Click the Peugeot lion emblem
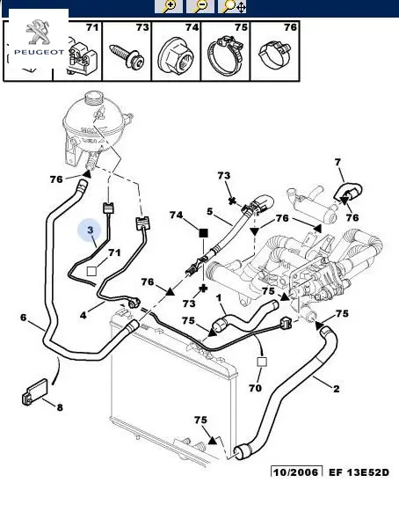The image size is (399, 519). coord(39,32)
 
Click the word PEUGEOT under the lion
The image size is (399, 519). coord(39,52)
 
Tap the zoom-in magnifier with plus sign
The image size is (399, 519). coord(169,6)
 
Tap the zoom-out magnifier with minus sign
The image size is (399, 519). coord(200,6)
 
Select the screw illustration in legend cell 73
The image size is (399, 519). coord(127,55)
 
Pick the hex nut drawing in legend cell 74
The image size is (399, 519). coord(176,55)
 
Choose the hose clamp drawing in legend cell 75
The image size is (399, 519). coord(225,55)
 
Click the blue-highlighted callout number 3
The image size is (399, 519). coord(91,230)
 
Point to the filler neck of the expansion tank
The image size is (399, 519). coord(95,99)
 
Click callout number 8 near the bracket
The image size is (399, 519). coord(60,407)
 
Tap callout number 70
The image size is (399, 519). coord(255,388)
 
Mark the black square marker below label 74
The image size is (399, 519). coord(204,233)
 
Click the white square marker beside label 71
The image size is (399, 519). coord(91,271)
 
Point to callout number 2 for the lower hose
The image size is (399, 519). coord(337,388)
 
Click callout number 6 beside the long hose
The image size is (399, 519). coord(23,318)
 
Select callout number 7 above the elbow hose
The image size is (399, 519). coord(337,162)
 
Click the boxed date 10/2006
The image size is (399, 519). coord(296,471)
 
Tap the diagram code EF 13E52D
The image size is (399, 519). coord(359,472)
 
